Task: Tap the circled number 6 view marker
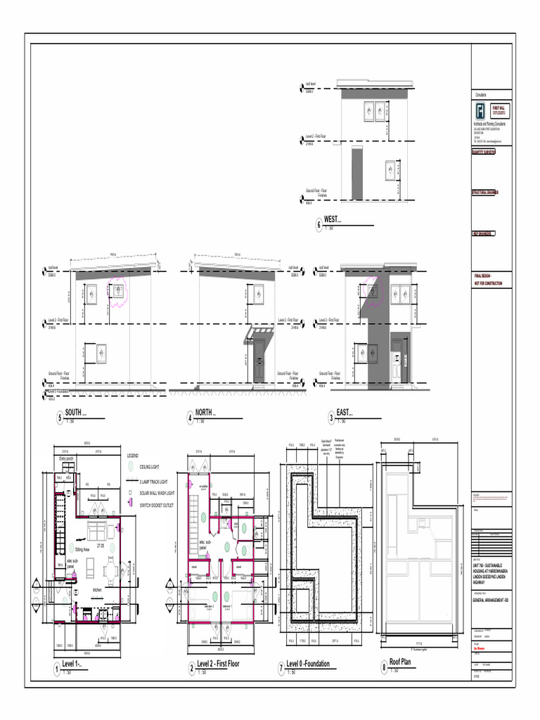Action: (319, 226)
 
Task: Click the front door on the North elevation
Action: (259, 360)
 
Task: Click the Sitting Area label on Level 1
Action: (82, 550)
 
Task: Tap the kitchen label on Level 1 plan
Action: (98, 590)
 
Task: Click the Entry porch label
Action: (67, 459)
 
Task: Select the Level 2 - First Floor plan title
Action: (219, 664)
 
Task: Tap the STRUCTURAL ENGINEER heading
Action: (484, 192)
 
